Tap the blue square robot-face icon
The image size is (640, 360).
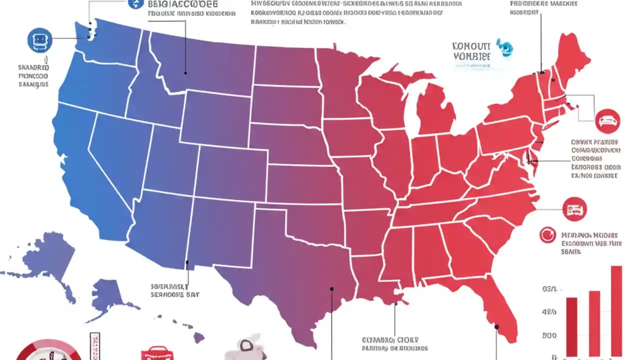click(39, 40)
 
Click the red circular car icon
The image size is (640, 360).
click(608, 121)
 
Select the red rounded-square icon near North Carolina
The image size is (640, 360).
click(574, 209)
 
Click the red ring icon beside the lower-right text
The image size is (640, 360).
click(548, 235)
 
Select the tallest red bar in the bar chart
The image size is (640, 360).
click(616, 310)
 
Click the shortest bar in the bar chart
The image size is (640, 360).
click(571, 325)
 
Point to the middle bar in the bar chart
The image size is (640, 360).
click(594, 322)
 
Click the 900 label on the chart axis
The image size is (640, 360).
click(549, 335)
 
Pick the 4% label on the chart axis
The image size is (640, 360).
click(549, 312)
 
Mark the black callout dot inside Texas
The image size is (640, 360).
click(331, 288)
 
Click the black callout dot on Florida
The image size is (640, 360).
click(496, 327)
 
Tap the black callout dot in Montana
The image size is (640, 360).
click(185, 73)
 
